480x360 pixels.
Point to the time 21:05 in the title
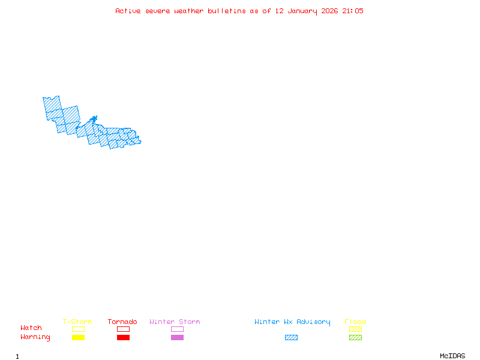tap(353, 11)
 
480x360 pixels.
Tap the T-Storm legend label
tap(77, 322)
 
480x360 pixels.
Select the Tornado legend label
tap(122, 322)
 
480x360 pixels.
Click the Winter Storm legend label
tap(175, 322)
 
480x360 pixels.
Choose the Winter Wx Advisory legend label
tap(292, 322)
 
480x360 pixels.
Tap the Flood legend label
tap(355, 322)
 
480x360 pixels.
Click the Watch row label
tap(31, 328)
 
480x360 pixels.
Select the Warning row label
tap(35, 337)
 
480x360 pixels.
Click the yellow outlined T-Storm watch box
tap(78, 329)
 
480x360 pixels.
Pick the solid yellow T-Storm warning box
tap(78, 337)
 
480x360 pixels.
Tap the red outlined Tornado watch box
tap(123, 329)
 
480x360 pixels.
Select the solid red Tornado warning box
tap(123, 337)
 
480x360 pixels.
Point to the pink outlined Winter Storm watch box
tap(177, 329)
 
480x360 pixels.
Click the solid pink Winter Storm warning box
tap(177, 337)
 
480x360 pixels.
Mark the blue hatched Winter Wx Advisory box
tap(291, 337)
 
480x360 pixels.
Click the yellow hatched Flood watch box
tap(355, 329)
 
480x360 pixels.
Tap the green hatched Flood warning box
tap(355, 337)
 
